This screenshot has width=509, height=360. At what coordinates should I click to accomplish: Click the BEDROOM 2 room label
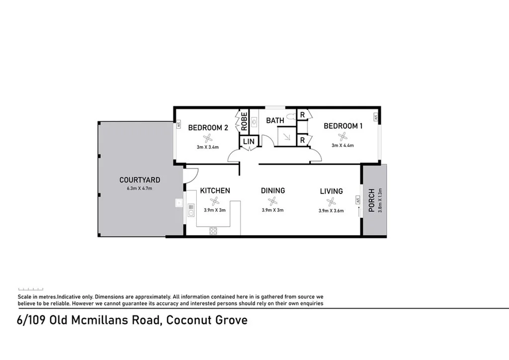tap(208, 128)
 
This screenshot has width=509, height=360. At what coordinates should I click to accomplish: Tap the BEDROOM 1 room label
tap(343, 126)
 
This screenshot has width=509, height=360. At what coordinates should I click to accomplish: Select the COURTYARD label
tap(140, 180)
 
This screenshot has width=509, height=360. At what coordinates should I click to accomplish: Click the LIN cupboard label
tap(249, 142)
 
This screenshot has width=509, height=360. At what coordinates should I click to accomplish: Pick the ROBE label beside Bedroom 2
tap(244, 122)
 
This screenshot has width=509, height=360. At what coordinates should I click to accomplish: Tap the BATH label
tap(275, 120)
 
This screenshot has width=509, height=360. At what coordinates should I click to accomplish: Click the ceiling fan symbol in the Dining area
tap(272, 201)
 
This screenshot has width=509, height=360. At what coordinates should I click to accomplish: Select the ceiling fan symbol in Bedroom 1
tap(342, 136)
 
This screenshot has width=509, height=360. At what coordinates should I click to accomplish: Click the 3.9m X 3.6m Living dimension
tap(331, 210)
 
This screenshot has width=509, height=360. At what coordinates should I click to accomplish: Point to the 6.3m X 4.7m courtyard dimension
tap(139, 188)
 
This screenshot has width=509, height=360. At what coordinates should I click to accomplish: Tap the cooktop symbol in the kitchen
tap(214, 230)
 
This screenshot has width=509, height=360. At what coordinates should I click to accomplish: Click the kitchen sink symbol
tap(190, 210)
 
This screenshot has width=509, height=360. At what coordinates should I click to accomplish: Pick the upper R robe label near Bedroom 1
tap(302, 115)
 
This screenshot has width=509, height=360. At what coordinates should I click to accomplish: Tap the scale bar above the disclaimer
tap(31, 289)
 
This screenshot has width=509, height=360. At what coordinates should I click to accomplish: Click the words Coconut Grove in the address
tap(206, 320)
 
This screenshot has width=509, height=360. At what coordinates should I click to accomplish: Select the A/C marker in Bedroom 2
tap(177, 126)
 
